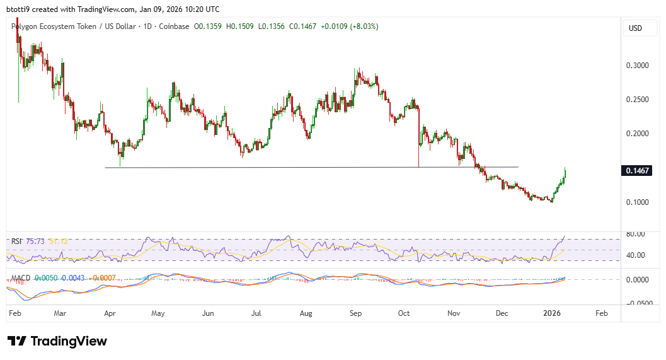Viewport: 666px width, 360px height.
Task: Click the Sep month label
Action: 355,313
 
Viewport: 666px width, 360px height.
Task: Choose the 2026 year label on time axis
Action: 552,313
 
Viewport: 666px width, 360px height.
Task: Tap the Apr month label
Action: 109,313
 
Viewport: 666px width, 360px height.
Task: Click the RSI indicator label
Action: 16,241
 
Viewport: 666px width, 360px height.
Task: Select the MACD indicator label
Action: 21,277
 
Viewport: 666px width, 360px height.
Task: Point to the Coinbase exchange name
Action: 175,26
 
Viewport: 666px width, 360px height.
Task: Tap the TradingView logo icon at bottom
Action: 17,341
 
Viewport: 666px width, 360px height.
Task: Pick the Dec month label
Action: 502,313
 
